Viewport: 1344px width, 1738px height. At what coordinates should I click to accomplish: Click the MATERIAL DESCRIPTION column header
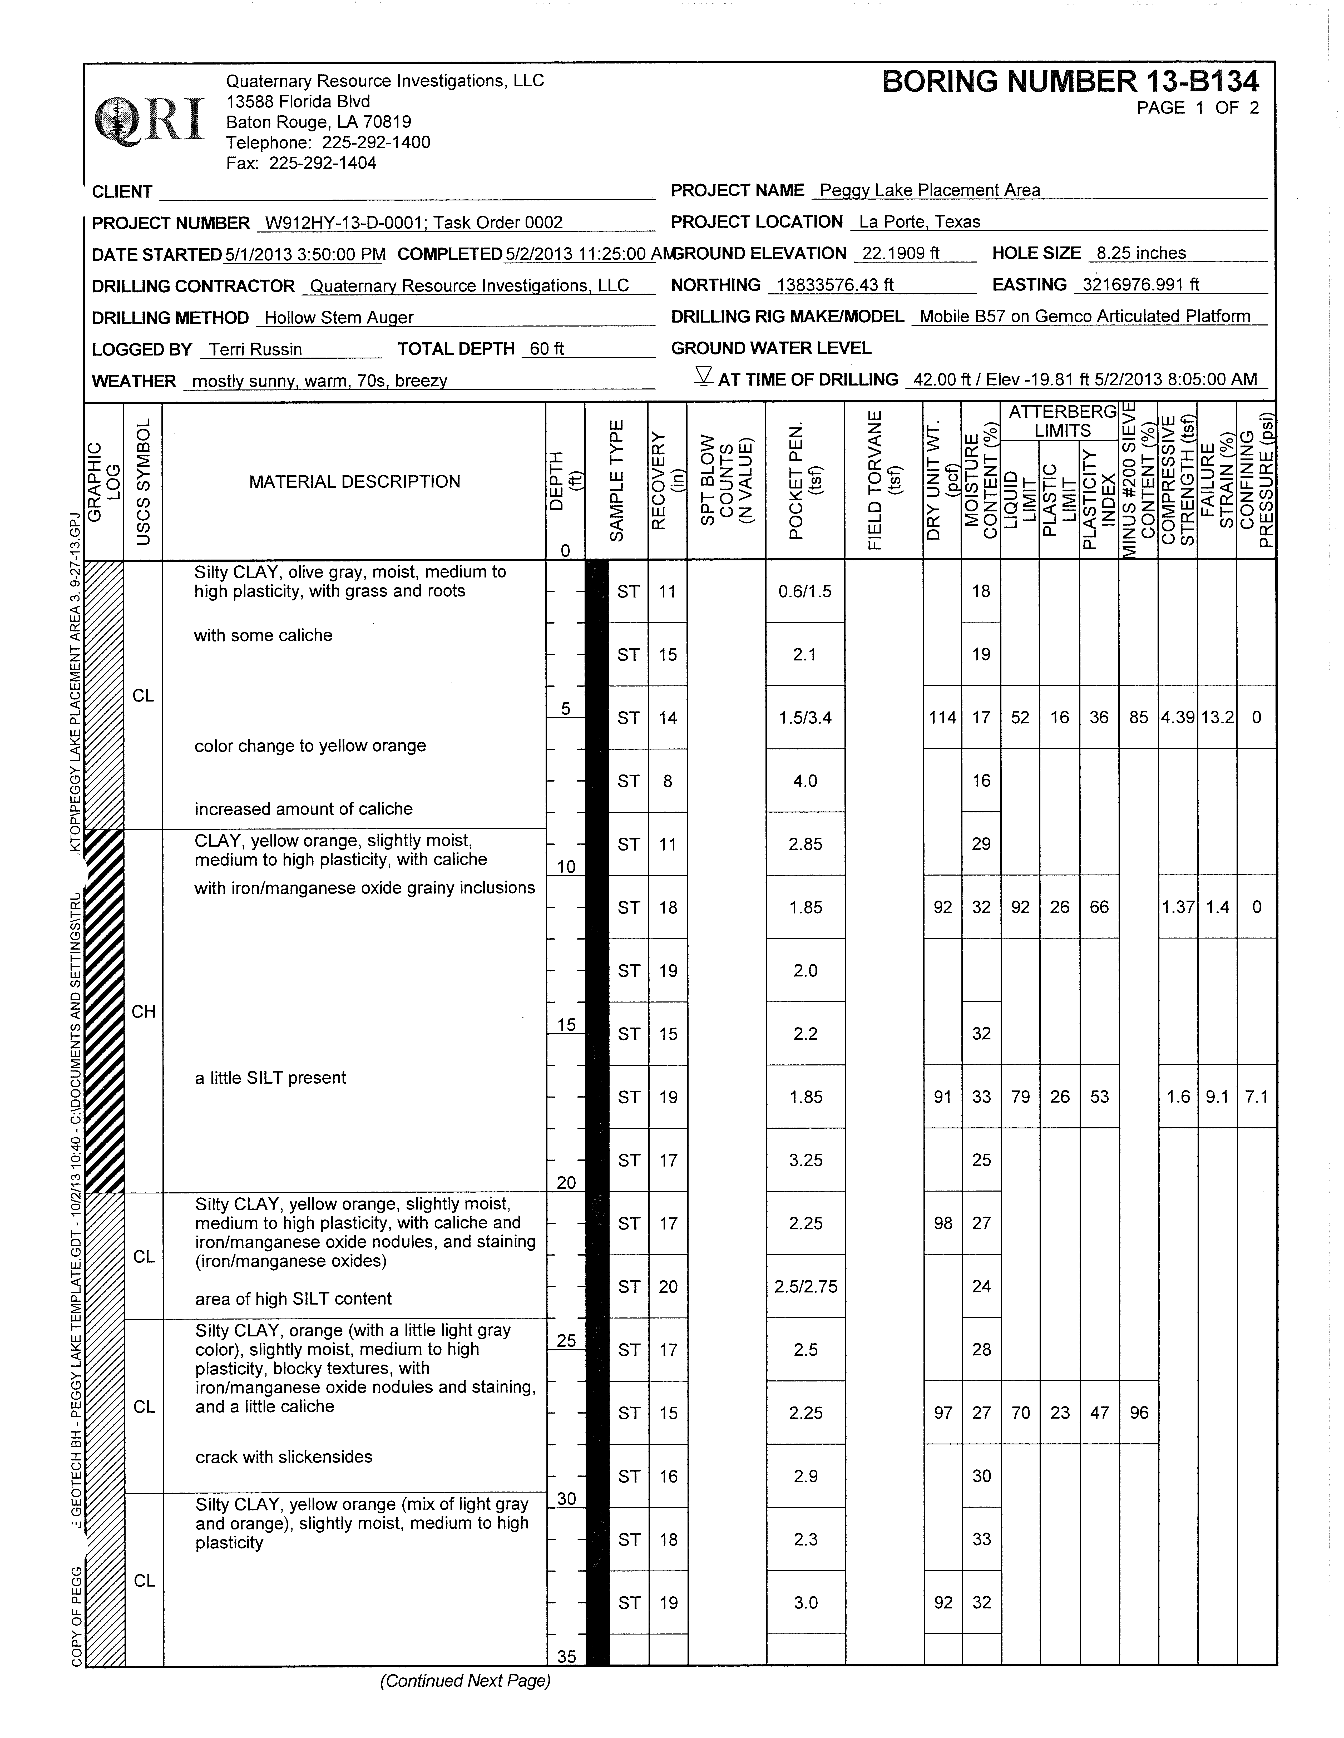pos(354,481)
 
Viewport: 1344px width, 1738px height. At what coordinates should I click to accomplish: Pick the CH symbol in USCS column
pos(143,1011)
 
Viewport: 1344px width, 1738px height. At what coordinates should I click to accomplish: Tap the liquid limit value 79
pos(1020,1097)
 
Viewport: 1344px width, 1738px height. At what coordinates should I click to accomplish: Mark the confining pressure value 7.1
pos(1256,1097)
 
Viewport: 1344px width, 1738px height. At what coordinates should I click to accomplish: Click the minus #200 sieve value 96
pos(1139,1413)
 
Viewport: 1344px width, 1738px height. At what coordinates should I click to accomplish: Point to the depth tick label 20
pos(566,1183)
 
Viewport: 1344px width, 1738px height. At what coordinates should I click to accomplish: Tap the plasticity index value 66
pos(1099,907)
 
